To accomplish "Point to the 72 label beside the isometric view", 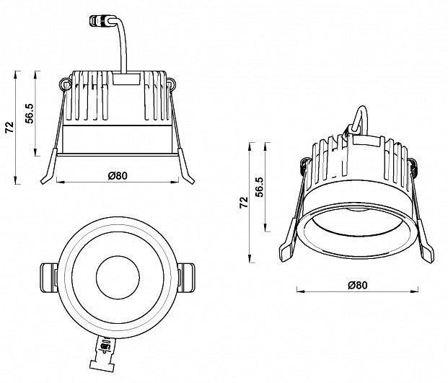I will pyautogui.click(x=244, y=203).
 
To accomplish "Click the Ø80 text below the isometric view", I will pyautogui.click(x=357, y=284).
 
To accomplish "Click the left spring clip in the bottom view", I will pyautogui.click(x=47, y=276).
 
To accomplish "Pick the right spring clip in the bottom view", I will pyautogui.click(x=187, y=276).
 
